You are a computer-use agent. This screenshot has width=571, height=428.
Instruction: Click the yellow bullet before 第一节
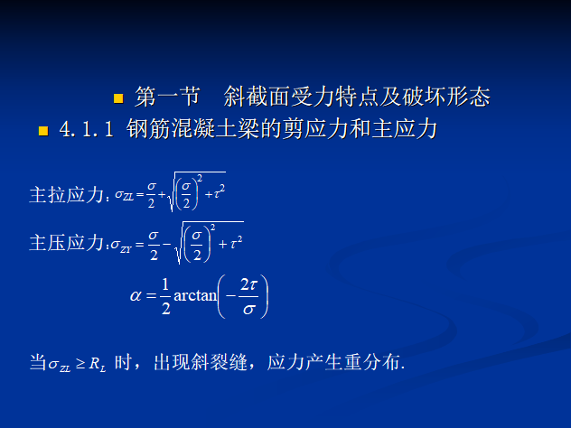[x=117, y=97]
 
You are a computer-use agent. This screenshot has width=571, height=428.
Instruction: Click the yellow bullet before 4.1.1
[x=42, y=131]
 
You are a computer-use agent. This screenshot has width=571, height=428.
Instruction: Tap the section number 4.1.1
[x=86, y=130]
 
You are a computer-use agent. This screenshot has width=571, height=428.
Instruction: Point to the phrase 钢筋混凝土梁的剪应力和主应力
[x=283, y=130]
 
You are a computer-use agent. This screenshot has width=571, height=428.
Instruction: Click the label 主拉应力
[x=68, y=193]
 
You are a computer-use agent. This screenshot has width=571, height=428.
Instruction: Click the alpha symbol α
[x=137, y=296]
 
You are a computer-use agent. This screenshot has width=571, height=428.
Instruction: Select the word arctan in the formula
[x=193, y=297]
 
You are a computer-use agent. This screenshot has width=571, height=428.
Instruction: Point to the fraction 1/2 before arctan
[x=164, y=296]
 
